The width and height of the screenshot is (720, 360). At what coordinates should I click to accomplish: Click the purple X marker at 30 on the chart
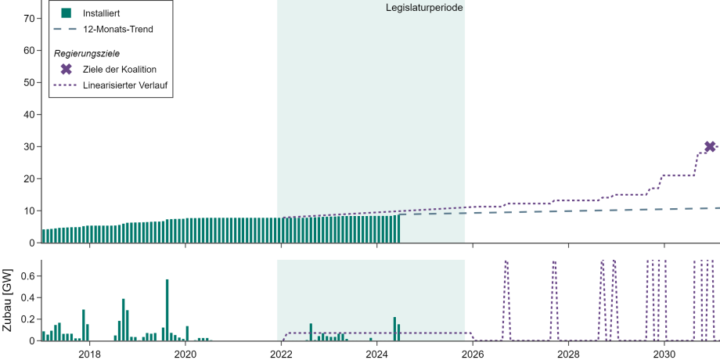click(710, 146)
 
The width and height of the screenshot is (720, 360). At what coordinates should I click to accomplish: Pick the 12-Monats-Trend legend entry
click(117, 29)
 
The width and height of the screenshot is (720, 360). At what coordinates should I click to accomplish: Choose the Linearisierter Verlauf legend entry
click(127, 85)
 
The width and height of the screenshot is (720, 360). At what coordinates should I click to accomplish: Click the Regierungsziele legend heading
click(86, 53)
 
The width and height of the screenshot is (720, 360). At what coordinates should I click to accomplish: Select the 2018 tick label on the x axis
click(89, 353)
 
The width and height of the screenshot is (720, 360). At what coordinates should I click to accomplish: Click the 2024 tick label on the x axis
click(376, 353)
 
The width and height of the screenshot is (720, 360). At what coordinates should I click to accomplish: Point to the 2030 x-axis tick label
click(664, 353)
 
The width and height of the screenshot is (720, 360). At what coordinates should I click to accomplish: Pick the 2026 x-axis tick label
click(473, 353)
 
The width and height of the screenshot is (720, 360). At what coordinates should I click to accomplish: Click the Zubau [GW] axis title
click(8, 301)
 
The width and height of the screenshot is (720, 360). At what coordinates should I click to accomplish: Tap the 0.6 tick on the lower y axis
click(27, 275)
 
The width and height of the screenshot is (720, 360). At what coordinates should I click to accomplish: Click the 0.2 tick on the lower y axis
click(27, 319)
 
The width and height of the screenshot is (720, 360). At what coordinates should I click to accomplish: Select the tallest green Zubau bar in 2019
click(167, 310)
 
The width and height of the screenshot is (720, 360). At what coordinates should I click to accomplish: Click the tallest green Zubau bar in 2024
click(394, 329)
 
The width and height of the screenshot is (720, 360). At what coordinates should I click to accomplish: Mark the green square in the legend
click(67, 13)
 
